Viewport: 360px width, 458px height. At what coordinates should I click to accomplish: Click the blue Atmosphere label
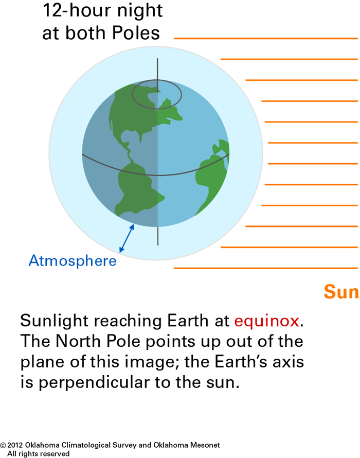(x=73, y=260)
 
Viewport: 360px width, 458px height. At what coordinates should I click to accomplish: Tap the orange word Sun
(x=341, y=292)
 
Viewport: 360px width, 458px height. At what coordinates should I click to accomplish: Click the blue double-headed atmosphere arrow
(x=127, y=238)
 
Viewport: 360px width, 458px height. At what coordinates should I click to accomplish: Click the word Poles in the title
(x=136, y=33)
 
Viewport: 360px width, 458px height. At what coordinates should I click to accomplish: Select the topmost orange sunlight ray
(x=266, y=38)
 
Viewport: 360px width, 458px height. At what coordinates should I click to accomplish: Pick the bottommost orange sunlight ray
(x=266, y=268)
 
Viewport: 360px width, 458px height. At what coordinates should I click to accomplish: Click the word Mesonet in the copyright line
(x=205, y=445)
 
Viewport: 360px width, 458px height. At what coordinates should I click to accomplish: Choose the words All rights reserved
(x=38, y=453)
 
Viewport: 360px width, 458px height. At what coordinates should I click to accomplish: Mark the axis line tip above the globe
(x=157, y=59)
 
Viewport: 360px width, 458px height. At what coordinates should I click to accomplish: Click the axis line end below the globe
(x=158, y=245)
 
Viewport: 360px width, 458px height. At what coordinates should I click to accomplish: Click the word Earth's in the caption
(x=241, y=362)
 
